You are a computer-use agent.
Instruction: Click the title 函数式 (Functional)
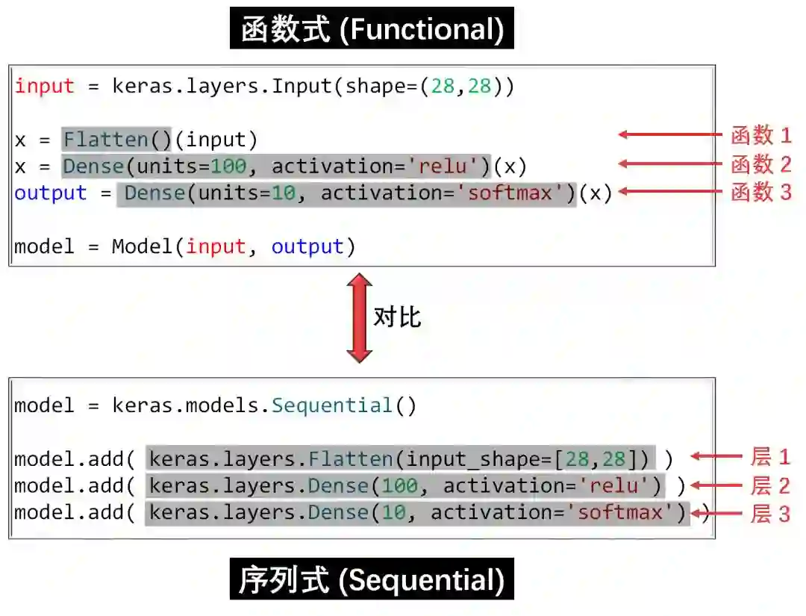pyautogui.click(x=372, y=29)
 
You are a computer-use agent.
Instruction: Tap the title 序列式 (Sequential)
pyautogui.click(x=372, y=580)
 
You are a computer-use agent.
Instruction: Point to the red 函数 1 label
pyautogui.click(x=760, y=135)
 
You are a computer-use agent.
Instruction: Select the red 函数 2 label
pyautogui.click(x=760, y=164)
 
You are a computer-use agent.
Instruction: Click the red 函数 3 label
pyautogui.click(x=760, y=192)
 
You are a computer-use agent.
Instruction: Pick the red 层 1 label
pyautogui.click(x=769, y=457)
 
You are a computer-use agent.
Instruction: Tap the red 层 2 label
pyautogui.click(x=769, y=486)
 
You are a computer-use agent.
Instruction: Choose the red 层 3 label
pyautogui.click(x=769, y=514)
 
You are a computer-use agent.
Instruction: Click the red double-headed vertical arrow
pyautogui.click(x=360, y=318)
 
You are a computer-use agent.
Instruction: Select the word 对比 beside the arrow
pyautogui.click(x=397, y=317)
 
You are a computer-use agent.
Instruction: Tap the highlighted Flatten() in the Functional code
pyautogui.click(x=117, y=140)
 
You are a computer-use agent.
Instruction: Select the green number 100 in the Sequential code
pyautogui.click(x=400, y=486)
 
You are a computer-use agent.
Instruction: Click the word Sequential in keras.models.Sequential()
pyautogui.click(x=331, y=406)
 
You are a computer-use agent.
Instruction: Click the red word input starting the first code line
pyautogui.click(x=45, y=87)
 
